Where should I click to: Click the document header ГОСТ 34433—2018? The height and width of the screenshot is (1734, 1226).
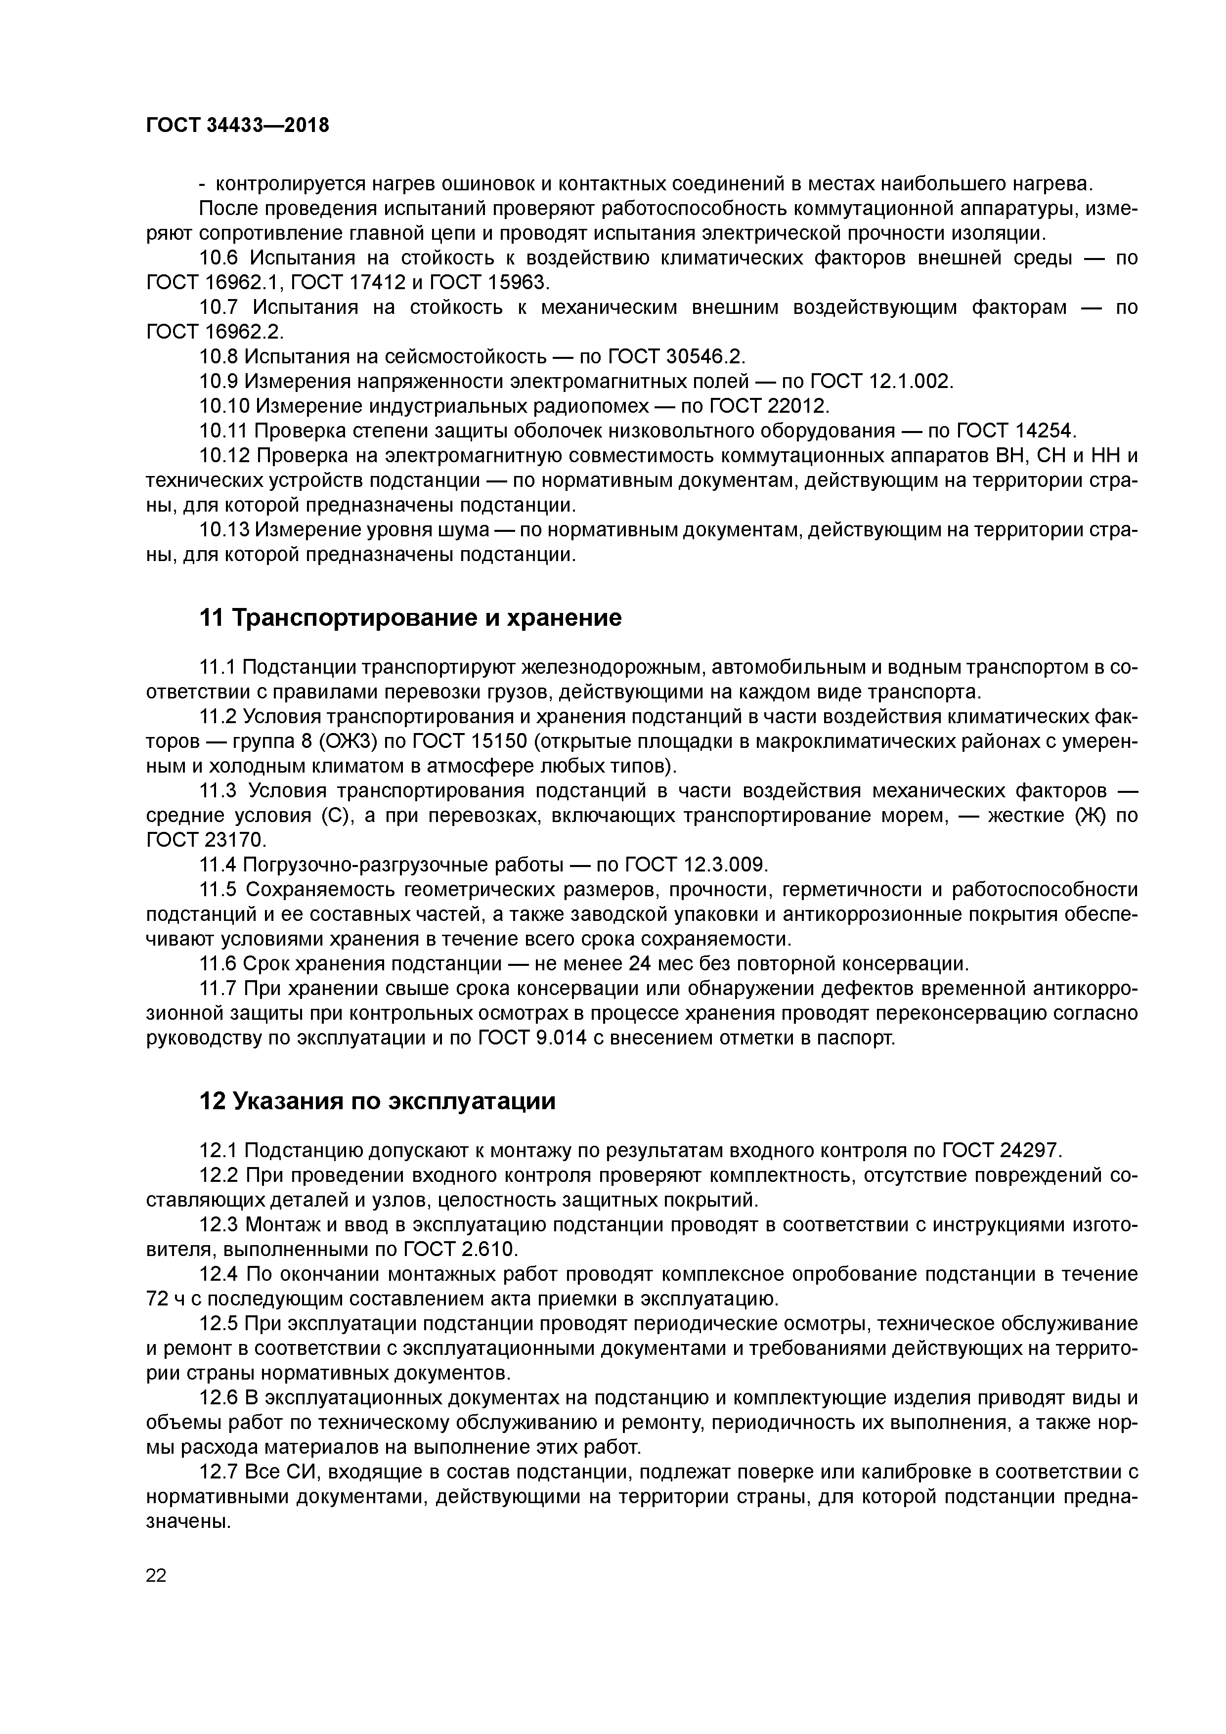click(x=237, y=126)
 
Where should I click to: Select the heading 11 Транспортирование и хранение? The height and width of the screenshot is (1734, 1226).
click(x=410, y=618)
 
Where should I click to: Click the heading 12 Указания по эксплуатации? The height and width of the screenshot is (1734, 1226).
click(x=377, y=1101)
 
